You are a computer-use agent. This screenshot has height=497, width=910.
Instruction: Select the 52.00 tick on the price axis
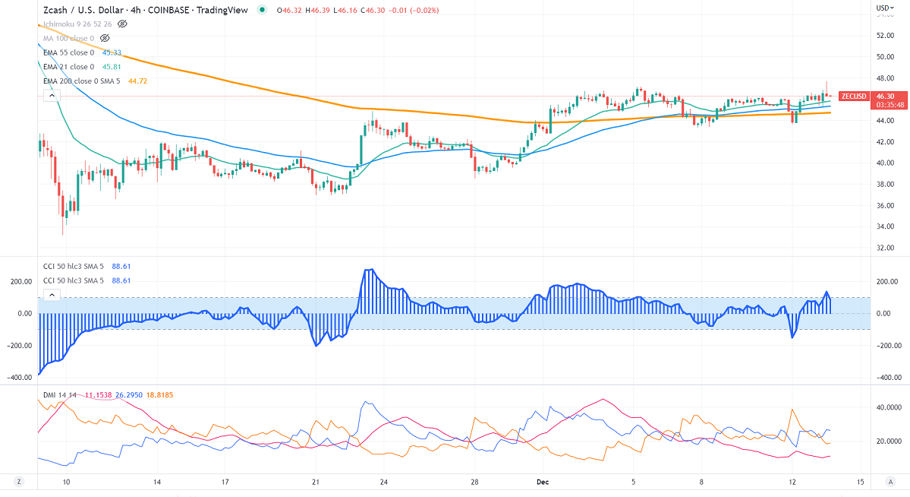[x=884, y=35]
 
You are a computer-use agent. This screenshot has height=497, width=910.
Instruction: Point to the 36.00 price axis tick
[x=884, y=205]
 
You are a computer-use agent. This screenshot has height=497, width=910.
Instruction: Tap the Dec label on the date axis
[x=542, y=482]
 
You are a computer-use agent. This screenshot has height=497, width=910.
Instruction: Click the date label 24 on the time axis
[x=385, y=482]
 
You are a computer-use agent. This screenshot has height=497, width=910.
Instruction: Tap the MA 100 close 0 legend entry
[x=68, y=38]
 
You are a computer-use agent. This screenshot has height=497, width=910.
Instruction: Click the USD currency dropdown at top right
[x=884, y=8]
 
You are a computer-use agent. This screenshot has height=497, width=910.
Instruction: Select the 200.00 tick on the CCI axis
[x=886, y=281]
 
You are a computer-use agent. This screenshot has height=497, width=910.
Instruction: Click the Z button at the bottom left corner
[x=19, y=482]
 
